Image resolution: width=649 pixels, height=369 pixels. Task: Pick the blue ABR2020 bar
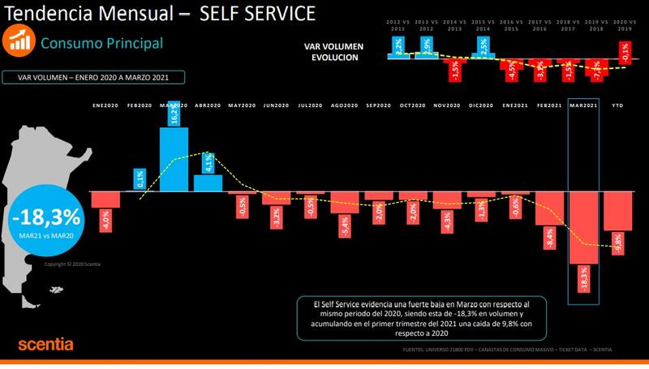click(x=208, y=182)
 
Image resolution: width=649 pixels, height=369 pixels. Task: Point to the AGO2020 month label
click(x=345, y=105)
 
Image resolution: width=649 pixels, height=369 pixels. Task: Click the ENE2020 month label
click(x=105, y=105)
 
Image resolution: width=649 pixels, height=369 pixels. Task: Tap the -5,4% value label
click(x=345, y=225)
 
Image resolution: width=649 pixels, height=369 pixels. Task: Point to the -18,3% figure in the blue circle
click(x=46, y=217)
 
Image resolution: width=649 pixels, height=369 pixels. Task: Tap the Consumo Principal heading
click(x=101, y=43)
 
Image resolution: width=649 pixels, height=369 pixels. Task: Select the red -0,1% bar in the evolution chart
click(x=622, y=53)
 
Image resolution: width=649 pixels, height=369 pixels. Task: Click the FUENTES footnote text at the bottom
click(x=507, y=350)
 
